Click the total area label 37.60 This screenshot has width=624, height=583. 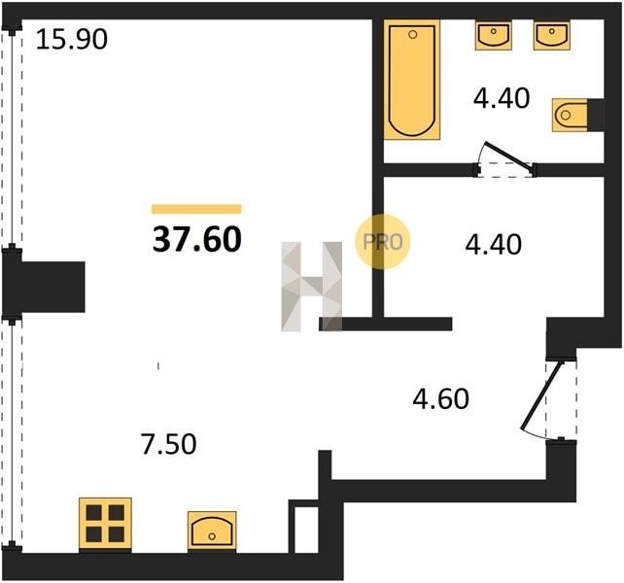(197, 239)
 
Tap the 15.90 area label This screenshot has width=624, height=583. (72, 40)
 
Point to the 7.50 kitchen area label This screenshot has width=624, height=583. (169, 444)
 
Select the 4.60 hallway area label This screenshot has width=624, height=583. (441, 399)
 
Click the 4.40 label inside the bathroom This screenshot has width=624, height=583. (502, 98)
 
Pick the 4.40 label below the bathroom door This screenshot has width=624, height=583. (494, 244)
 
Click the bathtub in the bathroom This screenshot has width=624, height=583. (412, 80)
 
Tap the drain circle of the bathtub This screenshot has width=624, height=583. (413, 35)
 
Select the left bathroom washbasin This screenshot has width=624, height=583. (494, 35)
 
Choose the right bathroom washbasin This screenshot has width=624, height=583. (551, 35)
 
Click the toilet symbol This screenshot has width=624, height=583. (570, 116)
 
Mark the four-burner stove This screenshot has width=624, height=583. (105, 524)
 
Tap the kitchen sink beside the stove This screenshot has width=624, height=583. (212, 531)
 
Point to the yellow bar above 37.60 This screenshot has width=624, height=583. (196, 209)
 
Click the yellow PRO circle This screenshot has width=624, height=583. (382, 242)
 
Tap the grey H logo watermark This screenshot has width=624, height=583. (312, 287)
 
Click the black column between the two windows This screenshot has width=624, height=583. (44, 287)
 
